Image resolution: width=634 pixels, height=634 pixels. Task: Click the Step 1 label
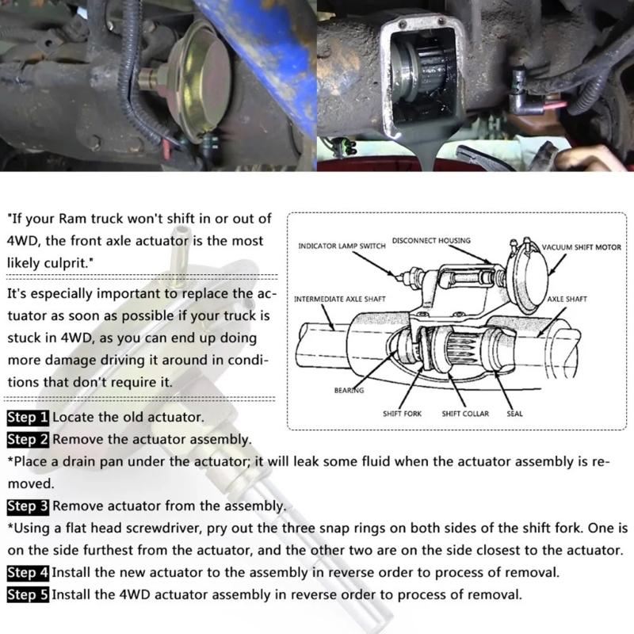coord(28,417)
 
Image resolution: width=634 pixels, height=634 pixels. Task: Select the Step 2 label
coord(28,439)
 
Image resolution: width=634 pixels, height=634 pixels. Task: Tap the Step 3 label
coord(28,506)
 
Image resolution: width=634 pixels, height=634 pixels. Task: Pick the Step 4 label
coord(28,571)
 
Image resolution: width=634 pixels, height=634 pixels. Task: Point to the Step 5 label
coord(28,594)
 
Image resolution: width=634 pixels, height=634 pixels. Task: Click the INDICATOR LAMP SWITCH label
coord(342,246)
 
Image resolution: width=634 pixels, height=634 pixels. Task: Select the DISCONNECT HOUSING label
coord(432,241)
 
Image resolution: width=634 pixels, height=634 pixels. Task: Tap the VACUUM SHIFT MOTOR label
coord(582,247)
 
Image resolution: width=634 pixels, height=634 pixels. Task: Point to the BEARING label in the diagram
coord(349,390)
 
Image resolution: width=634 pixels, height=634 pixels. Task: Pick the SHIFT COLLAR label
coord(465,413)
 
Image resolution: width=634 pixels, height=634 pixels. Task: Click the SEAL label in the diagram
coord(515,413)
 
